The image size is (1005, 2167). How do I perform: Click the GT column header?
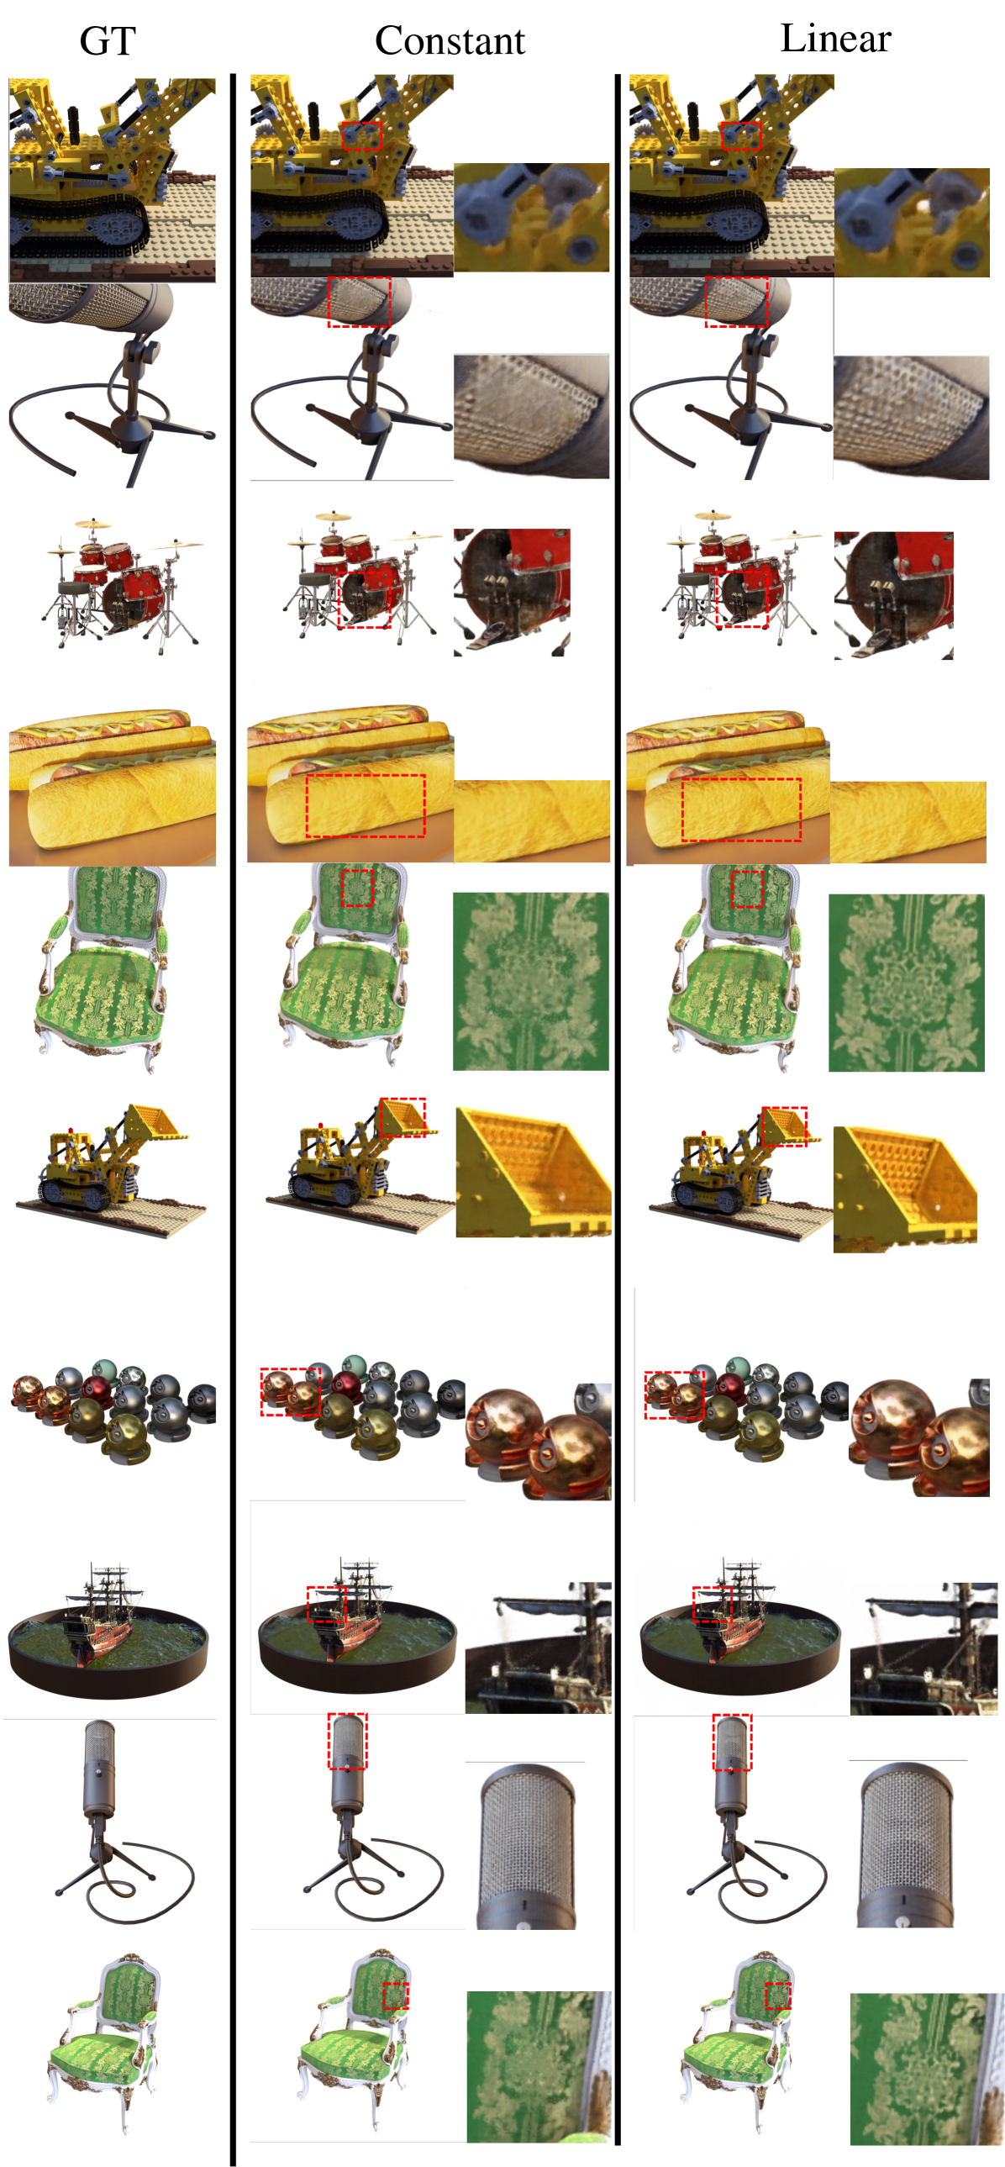(x=108, y=40)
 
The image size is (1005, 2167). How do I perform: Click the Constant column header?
(x=450, y=40)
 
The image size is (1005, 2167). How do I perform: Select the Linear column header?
(x=835, y=38)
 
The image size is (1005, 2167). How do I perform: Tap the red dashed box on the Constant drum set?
(x=364, y=595)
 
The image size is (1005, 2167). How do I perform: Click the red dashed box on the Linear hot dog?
(x=741, y=809)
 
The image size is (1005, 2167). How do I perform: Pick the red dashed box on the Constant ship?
(x=326, y=1605)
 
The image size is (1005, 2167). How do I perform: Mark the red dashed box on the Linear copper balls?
(x=674, y=1395)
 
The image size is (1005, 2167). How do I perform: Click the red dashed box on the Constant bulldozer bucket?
(x=403, y=1117)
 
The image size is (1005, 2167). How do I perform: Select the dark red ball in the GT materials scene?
(x=98, y=1389)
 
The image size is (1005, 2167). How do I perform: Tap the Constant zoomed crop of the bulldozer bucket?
(x=533, y=1172)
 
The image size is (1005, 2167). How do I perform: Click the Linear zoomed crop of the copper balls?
(x=919, y=1437)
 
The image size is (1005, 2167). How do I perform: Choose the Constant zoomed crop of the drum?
(x=512, y=593)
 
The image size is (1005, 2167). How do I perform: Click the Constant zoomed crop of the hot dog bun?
(x=532, y=821)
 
